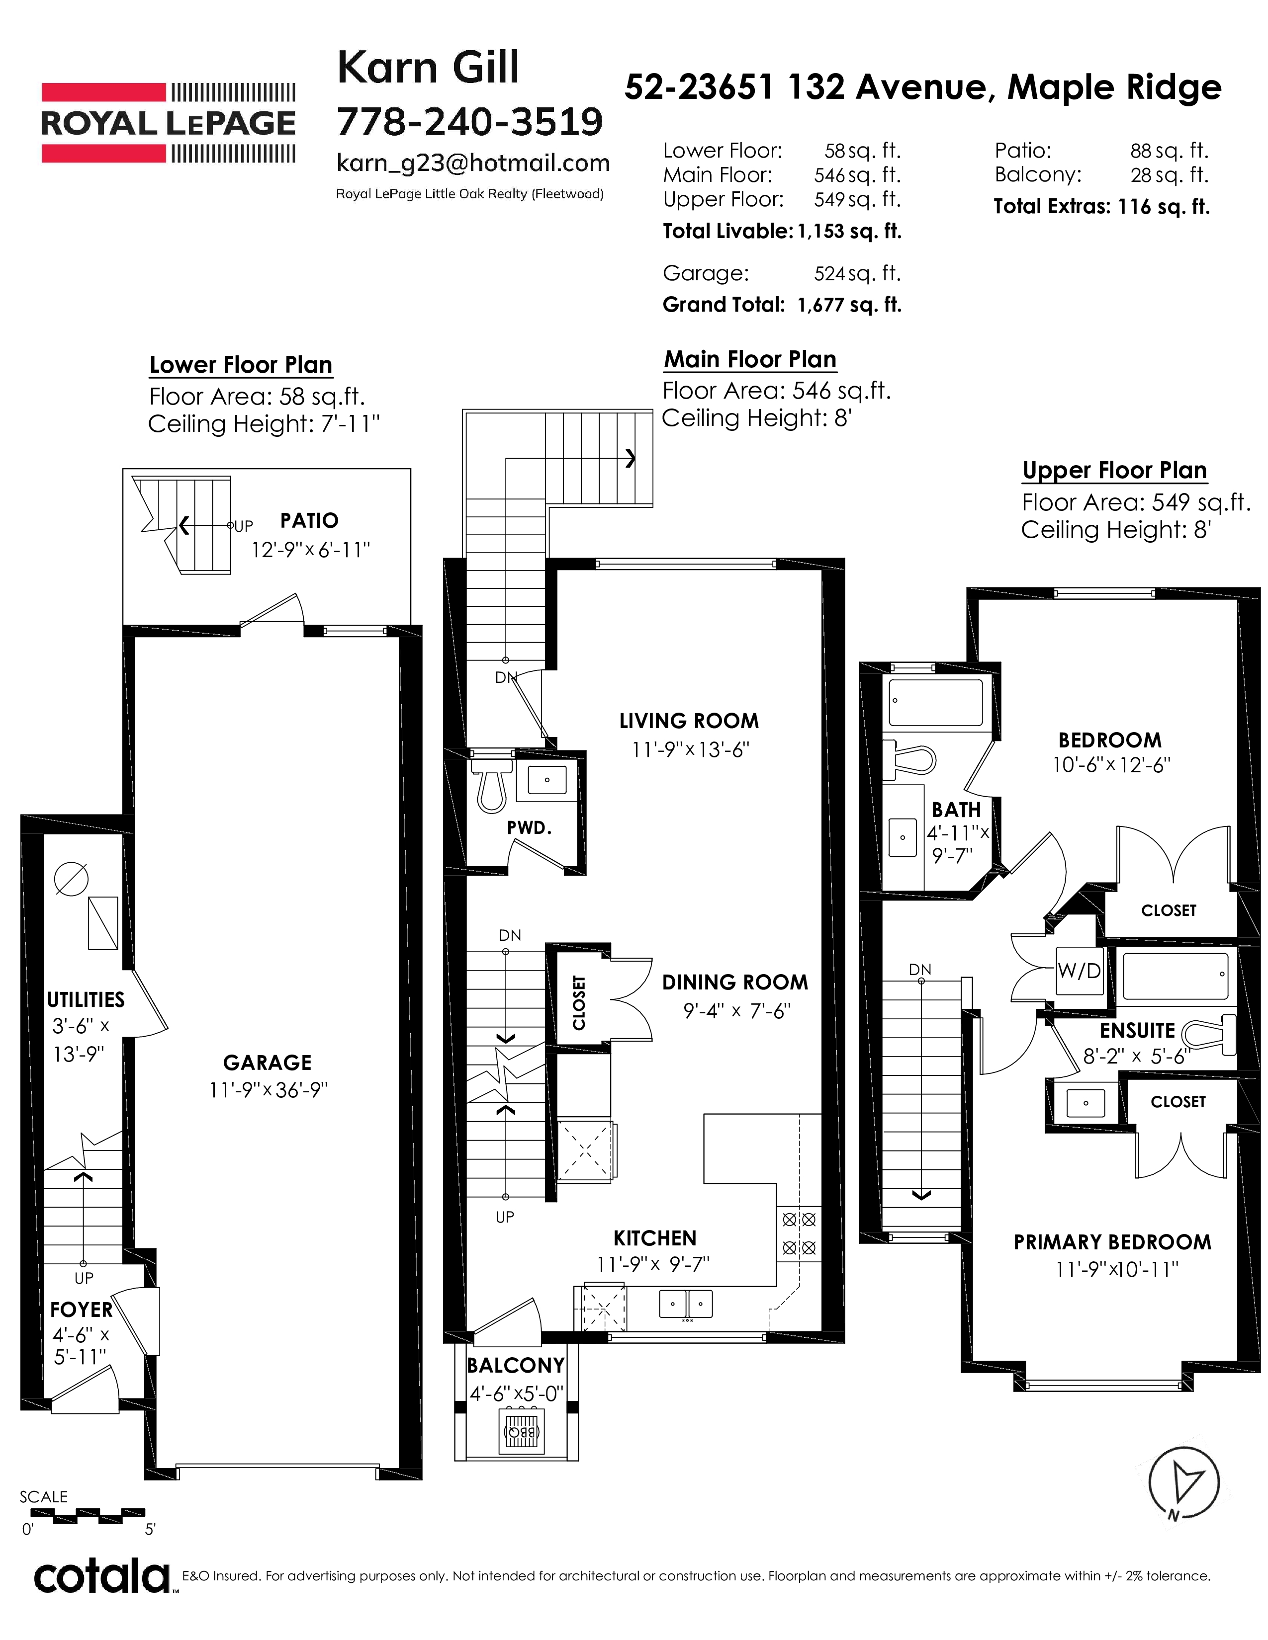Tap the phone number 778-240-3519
pyautogui.click(x=469, y=122)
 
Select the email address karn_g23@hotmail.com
pyautogui.click(x=472, y=163)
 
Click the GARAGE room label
pyautogui.click(x=268, y=1062)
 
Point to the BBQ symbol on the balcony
pyautogui.click(x=520, y=1431)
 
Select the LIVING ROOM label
pyautogui.click(x=689, y=721)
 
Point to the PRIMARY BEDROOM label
pyautogui.click(x=1112, y=1242)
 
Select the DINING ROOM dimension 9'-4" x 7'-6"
pyautogui.click(x=737, y=1011)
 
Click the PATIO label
pyautogui.click(x=309, y=520)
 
